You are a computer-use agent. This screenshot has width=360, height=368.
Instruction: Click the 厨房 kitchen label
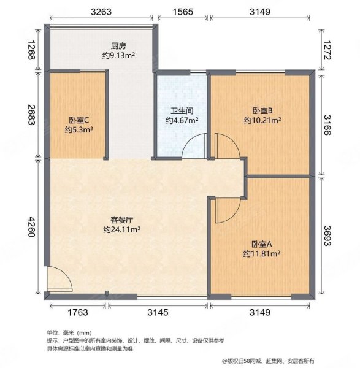click(119, 45)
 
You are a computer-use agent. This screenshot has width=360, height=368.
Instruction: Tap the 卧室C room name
click(79, 121)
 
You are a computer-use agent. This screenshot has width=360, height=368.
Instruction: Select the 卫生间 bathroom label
click(182, 112)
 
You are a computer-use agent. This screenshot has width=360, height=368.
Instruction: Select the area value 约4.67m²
click(182, 121)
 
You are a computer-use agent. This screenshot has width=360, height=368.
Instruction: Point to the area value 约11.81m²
click(262, 253)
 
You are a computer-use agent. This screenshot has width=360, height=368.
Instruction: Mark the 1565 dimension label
click(182, 11)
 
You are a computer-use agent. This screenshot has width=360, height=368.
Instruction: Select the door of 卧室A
click(222, 212)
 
